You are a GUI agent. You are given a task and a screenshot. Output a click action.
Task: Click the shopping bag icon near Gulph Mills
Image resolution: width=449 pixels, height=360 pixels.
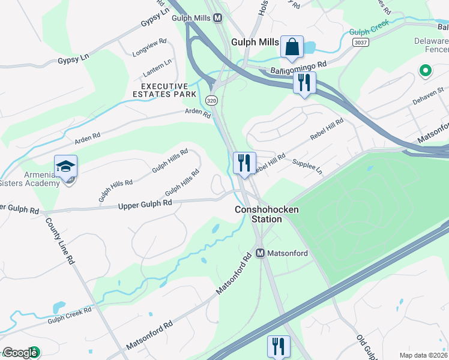coord(292,46)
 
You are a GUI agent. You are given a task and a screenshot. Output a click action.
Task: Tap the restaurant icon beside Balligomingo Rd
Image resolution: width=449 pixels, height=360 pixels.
coord(304,82)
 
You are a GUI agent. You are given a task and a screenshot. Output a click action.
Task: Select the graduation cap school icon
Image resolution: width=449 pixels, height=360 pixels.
coord(66,166)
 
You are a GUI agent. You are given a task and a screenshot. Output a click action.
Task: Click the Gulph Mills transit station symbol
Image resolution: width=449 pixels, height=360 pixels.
coord(217,18)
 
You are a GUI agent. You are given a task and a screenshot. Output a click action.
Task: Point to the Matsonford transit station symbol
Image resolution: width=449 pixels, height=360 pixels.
coord(261,253)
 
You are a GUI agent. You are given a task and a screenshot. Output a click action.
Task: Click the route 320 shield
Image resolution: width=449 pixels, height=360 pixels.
coord(211,100)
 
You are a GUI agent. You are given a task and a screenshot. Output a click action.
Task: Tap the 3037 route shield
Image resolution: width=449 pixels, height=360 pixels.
coord(360,42)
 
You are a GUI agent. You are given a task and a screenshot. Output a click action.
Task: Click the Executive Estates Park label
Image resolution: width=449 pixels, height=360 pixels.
coord(165,91)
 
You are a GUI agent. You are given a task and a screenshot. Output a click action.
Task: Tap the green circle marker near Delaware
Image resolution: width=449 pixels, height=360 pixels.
coord(426,71)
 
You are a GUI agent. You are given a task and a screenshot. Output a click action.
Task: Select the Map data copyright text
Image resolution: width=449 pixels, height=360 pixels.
coord(423,355)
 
